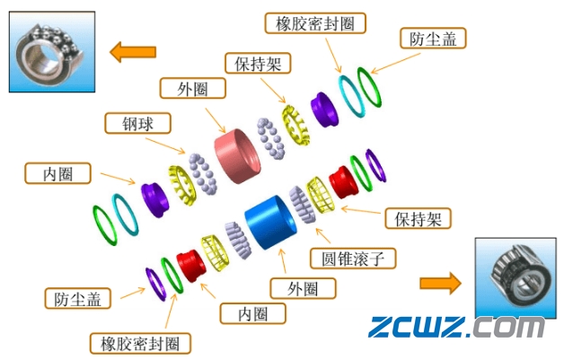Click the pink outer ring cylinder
point(235,154)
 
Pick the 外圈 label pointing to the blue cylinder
point(303,288)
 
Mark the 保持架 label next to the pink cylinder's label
point(256,64)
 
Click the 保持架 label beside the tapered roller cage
point(418,218)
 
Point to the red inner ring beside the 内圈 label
point(191,265)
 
